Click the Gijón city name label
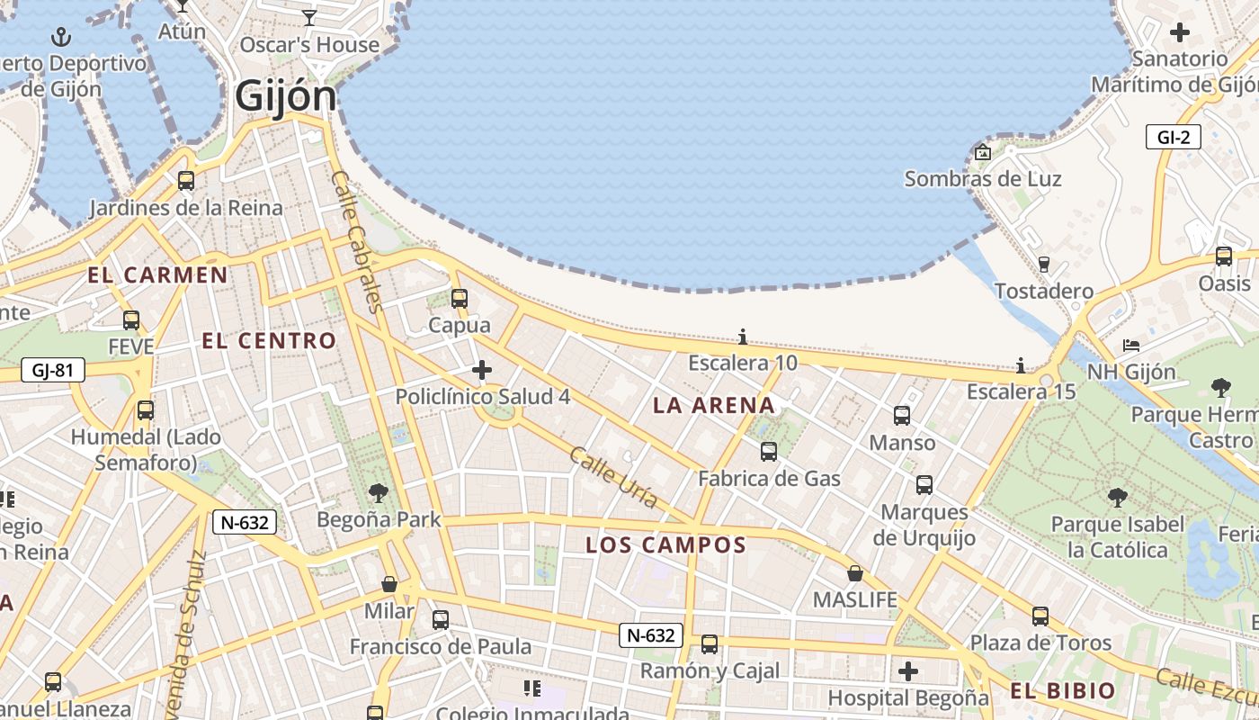(x=286, y=96)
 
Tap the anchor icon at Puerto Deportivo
(x=61, y=37)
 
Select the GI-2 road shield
(x=1174, y=137)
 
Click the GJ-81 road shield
(x=52, y=369)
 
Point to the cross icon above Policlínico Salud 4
(x=482, y=369)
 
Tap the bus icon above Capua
(x=460, y=298)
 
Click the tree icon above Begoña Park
(x=379, y=492)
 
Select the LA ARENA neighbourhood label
(x=714, y=406)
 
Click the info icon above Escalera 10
(x=743, y=337)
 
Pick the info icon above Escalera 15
(x=1021, y=365)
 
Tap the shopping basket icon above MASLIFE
(x=855, y=573)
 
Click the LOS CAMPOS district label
(x=666, y=544)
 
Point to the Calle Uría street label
(x=613, y=477)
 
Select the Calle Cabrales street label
(x=358, y=241)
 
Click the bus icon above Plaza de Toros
(x=1040, y=616)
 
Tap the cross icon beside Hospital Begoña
(x=908, y=671)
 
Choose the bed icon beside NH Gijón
(x=1131, y=346)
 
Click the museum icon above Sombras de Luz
(x=982, y=152)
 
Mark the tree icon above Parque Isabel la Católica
(x=1117, y=497)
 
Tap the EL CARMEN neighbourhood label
(x=157, y=275)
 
